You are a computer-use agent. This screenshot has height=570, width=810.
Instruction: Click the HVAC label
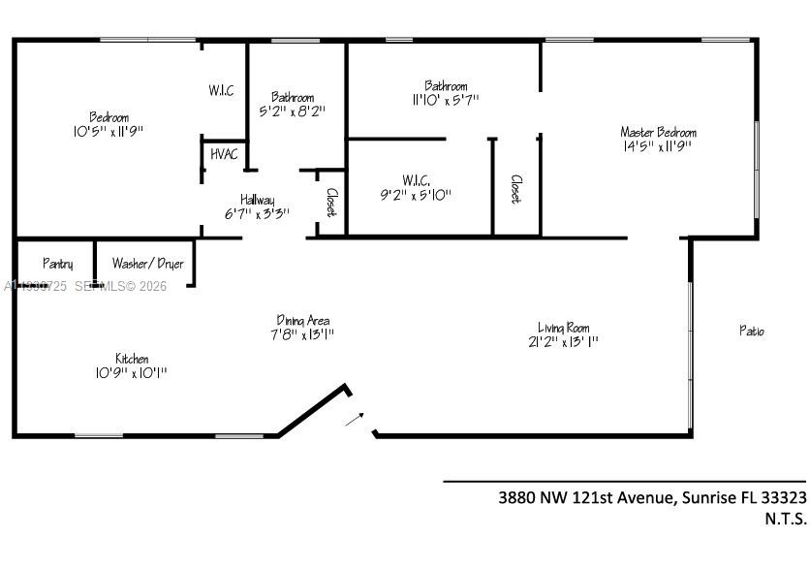point(223,154)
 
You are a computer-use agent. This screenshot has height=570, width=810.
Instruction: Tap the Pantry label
point(57,264)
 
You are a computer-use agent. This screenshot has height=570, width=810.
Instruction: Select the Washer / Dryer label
point(147,264)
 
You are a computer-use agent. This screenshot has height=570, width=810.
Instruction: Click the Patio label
point(752,332)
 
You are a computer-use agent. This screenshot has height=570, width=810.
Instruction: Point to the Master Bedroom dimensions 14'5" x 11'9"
point(658,147)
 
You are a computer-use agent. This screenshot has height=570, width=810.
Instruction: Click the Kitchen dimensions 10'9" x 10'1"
point(132,373)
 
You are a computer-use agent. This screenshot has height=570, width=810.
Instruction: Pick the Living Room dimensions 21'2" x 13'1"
point(563,341)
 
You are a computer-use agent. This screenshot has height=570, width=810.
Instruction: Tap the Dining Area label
point(303,321)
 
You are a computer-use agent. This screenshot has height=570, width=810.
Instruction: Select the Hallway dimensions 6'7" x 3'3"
point(257,214)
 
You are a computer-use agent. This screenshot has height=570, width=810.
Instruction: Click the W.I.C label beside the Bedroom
point(221,91)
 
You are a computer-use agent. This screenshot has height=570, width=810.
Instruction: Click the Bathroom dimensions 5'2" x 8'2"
point(292,111)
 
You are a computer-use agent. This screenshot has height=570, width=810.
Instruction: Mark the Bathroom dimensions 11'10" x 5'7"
point(445,99)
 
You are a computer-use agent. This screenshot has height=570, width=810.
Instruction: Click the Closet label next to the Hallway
point(330,202)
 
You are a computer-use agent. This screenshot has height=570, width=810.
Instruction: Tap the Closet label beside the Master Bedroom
point(515,189)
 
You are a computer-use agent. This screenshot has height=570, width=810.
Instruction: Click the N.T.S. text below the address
point(785,519)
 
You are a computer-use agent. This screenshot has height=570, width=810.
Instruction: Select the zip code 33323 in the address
point(784,497)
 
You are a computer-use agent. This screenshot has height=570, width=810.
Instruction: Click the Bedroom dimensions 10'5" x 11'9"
point(109,130)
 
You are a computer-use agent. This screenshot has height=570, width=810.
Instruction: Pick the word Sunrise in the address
point(708,497)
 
